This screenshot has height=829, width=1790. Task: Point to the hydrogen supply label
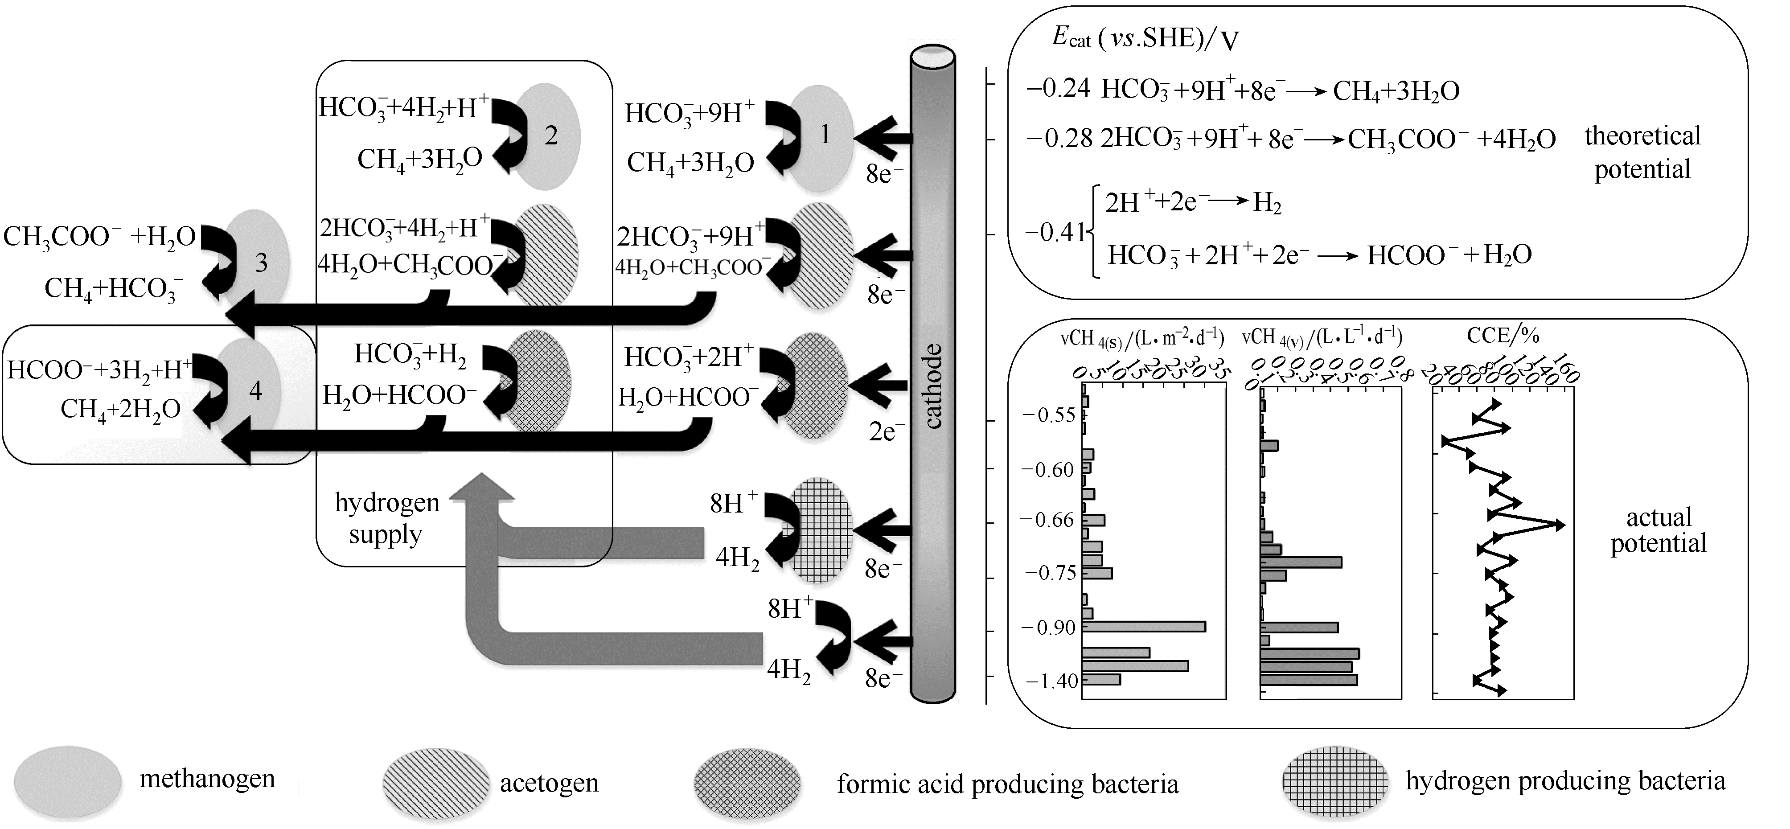(x=386, y=518)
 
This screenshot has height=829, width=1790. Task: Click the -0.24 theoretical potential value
(x=1058, y=90)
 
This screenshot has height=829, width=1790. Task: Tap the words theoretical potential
(x=1642, y=152)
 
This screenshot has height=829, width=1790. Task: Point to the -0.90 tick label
(x=1050, y=628)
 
